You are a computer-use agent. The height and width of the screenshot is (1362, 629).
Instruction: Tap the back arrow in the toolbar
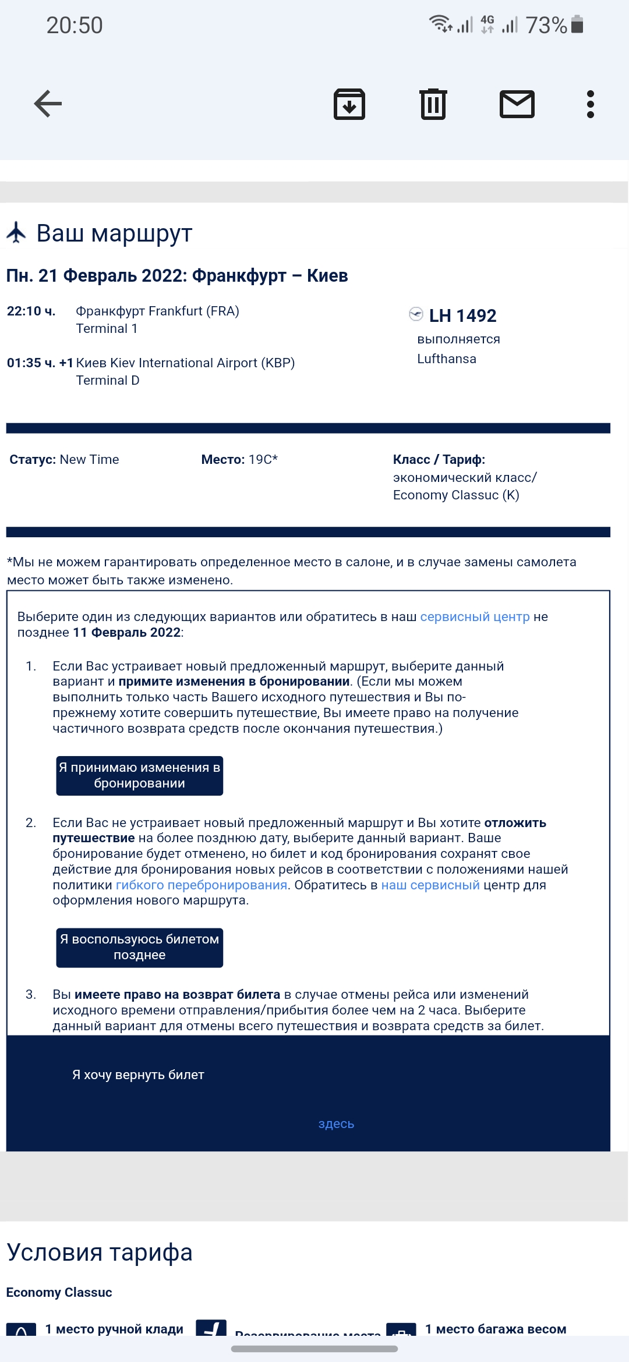(48, 104)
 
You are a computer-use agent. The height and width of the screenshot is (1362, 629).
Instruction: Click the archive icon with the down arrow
(349, 105)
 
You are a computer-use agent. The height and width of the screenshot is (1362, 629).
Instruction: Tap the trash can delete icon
(433, 105)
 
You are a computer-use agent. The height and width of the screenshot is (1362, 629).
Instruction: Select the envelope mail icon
(517, 105)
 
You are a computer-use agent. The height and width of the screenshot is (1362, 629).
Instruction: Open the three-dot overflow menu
(591, 105)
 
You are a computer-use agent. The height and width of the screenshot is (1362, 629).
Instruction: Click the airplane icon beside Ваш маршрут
(16, 232)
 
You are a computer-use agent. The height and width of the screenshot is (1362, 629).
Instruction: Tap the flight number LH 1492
(462, 315)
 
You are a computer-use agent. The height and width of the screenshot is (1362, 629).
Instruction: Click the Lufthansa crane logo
(416, 314)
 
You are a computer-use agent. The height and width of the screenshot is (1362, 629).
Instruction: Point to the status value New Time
(89, 460)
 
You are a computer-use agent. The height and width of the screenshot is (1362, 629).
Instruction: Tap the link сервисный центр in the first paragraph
(475, 617)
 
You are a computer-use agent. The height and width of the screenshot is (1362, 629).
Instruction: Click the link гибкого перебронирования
(201, 885)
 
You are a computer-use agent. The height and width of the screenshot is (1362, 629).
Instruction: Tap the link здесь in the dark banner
(336, 1124)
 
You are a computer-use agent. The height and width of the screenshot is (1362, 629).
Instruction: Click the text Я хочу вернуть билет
(138, 1075)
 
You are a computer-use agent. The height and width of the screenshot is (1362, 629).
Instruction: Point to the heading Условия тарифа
(100, 1253)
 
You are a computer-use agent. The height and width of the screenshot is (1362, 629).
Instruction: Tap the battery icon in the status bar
(577, 24)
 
